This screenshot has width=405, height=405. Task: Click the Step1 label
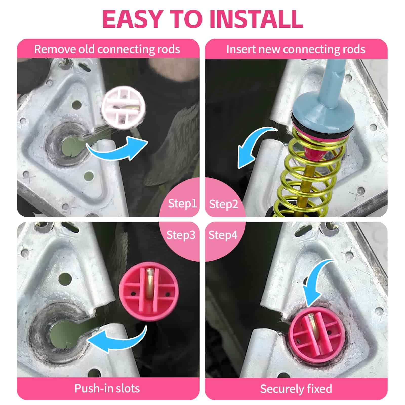(x=183, y=204)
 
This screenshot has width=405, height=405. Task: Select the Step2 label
(x=224, y=204)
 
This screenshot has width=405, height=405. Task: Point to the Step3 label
(x=181, y=235)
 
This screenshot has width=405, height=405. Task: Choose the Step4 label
(x=223, y=235)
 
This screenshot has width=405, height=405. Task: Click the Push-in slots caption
(x=107, y=388)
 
